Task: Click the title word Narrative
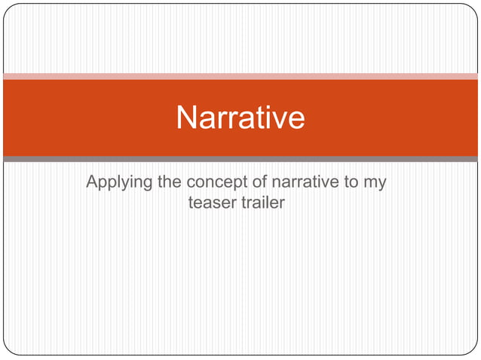[240, 118]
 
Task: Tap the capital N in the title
[186, 118]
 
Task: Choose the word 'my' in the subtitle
[375, 184]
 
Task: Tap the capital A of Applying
[92, 182]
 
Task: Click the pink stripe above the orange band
[240, 76]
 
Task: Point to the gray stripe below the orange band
[240, 159]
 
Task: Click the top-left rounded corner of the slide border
[8, 8]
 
